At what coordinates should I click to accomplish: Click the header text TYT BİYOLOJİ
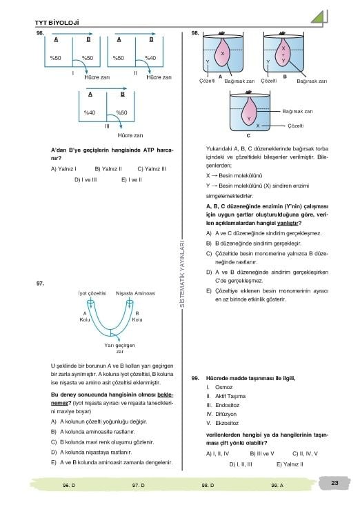click(x=57, y=23)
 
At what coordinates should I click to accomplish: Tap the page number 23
click(x=334, y=482)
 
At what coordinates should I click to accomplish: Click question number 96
click(x=40, y=33)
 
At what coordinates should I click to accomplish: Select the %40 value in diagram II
click(x=150, y=58)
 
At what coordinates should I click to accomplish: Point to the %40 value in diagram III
click(x=90, y=112)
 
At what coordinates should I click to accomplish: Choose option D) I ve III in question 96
click(x=86, y=179)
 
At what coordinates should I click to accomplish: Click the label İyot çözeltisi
click(x=92, y=293)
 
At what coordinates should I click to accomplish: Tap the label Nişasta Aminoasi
click(x=135, y=293)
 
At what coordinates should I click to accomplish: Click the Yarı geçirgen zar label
click(x=119, y=348)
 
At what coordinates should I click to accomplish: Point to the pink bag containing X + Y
click(x=283, y=52)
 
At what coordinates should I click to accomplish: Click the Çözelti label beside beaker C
click(x=296, y=126)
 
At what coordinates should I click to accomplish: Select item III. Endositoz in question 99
click(x=223, y=405)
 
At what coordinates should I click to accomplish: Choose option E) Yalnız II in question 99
click(x=290, y=464)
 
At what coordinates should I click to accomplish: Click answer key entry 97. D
click(x=138, y=485)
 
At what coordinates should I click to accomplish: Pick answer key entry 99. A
click(x=277, y=485)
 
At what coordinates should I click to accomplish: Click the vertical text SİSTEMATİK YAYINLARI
click(x=182, y=273)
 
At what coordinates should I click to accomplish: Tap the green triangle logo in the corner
click(x=319, y=18)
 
